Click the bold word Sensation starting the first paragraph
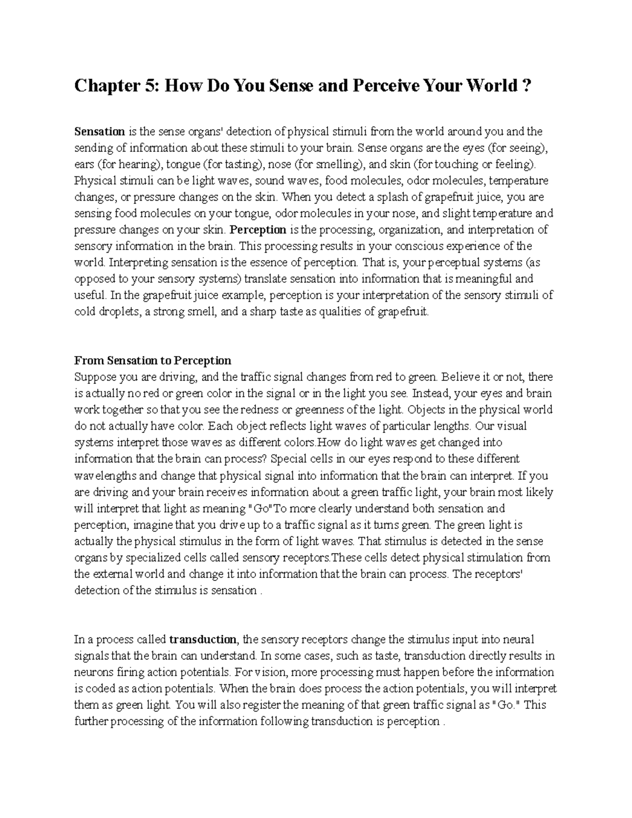tap(100, 131)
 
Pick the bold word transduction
tap(203, 640)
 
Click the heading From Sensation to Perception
tap(153, 361)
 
